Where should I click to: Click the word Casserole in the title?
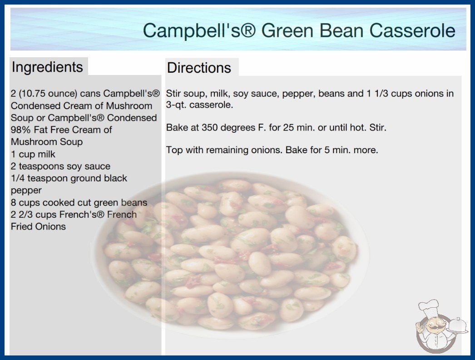pyautogui.click(x=412, y=30)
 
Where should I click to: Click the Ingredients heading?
pyautogui.click(x=47, y=67)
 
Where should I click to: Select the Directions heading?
pyautogui.click(x=199, y=68)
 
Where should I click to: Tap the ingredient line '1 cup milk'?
pyautogui.click(x=33, y=154)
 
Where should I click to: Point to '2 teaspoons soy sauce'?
pyautogui.click(x=60, y=166)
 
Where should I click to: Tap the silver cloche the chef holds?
pyautogui.click(x=457, y=325)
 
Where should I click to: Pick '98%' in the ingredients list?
pyautogui.click(x=20, y=130)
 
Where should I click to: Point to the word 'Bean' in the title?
pyautogui.click(x=341, y=30)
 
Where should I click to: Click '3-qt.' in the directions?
pyautogui.click(x=176, y=105)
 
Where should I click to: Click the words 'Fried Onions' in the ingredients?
pyautogui.click(x=38, y=226)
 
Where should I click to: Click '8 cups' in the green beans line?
pyautogui.click(x=25, y=203)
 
